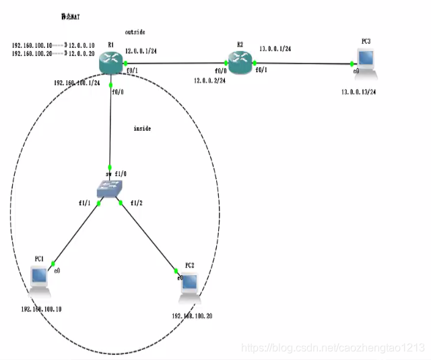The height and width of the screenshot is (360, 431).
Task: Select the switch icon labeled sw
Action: [110, 189]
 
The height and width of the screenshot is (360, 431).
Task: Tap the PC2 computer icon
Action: [189, 285]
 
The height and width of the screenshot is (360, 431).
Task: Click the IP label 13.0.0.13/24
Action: [358, 92]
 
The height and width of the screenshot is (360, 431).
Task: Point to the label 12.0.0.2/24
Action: [209, 80]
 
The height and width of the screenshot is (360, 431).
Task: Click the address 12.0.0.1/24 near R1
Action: [141, 51]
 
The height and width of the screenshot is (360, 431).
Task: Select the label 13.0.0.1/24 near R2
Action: [275, 49]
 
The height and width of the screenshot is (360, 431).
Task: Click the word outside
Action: [135, 32]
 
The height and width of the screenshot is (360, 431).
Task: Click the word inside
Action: [143, 127]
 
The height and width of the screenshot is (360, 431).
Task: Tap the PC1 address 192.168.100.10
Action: [41, 309]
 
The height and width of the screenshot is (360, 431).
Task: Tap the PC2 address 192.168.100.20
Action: [192, 316]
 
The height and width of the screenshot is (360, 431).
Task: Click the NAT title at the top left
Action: [71, 15]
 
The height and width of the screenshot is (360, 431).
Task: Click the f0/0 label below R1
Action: [119, 92]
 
